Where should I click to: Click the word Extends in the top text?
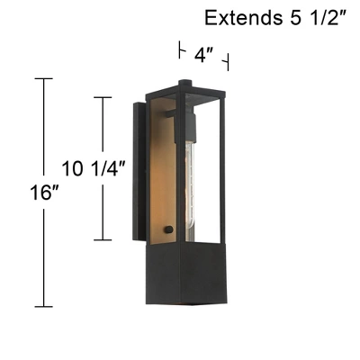(x=237, y=17)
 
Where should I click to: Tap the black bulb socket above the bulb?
(x=190, y=122)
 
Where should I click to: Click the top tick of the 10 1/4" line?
(x=103, y=97)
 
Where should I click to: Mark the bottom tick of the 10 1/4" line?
(x=103, y=240)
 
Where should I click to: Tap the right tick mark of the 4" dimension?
(x=228, y=63)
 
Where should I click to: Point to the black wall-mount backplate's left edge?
(x=136, y=171)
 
